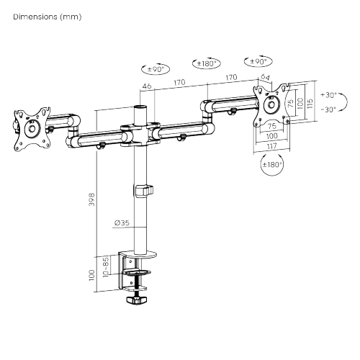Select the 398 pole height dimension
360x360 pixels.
[91, 199]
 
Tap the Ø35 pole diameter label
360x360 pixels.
[121, 223]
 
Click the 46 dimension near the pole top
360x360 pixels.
[147, 87]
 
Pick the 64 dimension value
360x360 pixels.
[264, 78]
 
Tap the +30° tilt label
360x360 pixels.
[328, 94]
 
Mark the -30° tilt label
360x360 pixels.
[328, 109]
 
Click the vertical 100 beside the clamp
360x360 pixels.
[91, 274]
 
